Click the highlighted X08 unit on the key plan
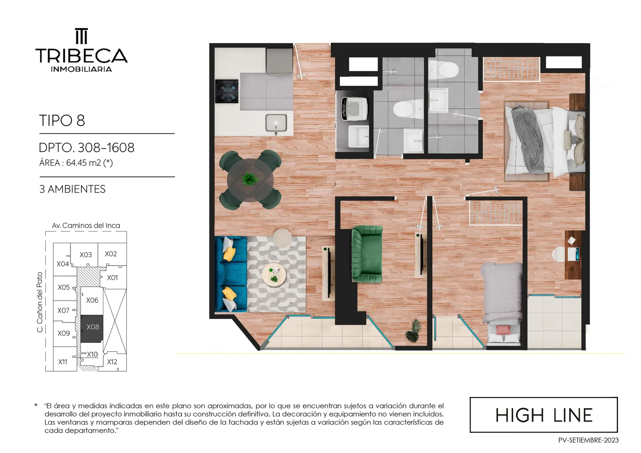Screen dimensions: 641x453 92,328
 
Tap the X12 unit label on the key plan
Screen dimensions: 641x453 112,362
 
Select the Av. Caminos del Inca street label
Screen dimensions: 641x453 86,225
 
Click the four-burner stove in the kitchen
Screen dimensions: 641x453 227,91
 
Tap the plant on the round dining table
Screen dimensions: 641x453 250,179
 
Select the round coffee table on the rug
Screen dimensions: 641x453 274,274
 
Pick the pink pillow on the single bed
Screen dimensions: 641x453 503,330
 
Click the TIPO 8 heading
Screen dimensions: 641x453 62,121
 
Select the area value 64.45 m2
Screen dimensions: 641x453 81,163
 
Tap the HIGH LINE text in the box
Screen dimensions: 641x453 544,415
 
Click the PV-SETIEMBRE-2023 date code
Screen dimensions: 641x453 589,441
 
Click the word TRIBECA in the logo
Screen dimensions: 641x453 82,55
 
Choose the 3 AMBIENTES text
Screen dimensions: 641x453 73,189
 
